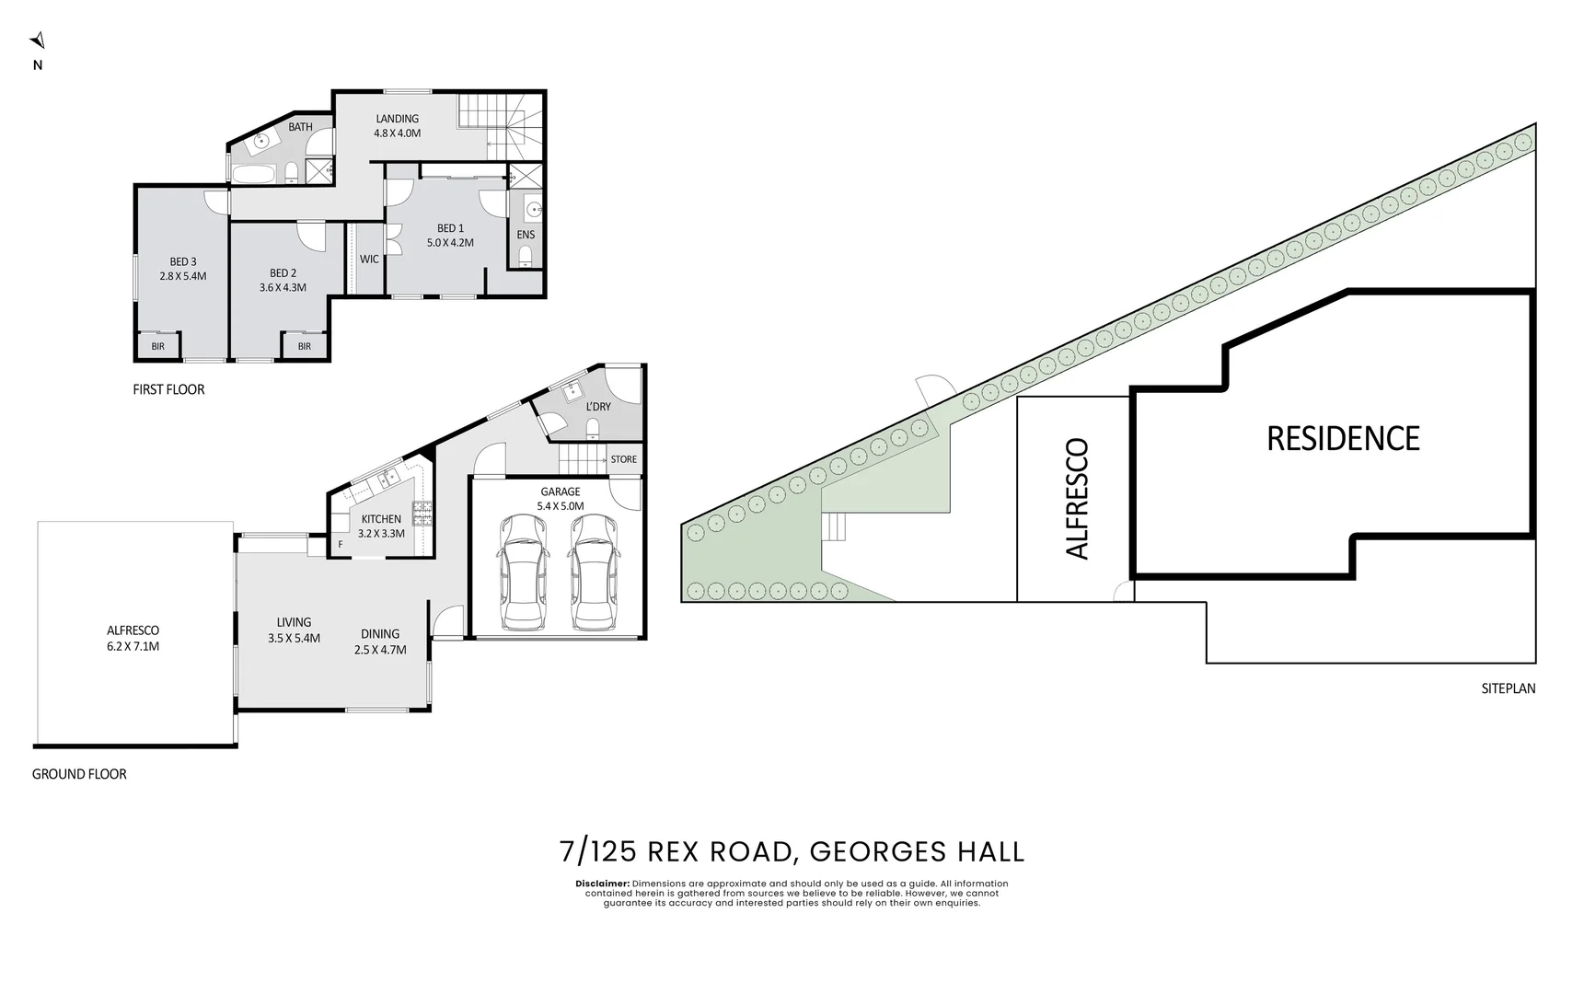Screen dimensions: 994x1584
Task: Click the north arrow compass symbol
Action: click(x=38, y=40)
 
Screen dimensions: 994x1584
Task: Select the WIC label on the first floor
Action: click(x=369, y=260)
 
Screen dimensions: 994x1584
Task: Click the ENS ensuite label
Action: click(x=526, y=235)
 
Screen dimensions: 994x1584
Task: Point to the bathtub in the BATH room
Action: click(x=251, y=173)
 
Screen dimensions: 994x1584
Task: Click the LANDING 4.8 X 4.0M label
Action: click(x=397, y=126)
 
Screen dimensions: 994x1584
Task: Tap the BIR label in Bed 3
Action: click(x=158, y=347)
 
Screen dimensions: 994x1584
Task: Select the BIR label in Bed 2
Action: click(x=304, y=347)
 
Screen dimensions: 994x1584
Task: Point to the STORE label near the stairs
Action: click(x=623, y=459)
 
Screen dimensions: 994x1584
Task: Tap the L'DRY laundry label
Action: click(x=598, y=407)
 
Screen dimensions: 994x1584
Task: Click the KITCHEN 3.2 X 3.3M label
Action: click(x=381, y=526)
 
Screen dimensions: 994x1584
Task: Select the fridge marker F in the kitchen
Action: click(x=341, y=545)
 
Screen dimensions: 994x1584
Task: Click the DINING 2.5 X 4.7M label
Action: click(x=380, y=641)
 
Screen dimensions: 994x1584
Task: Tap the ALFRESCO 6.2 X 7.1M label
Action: click(x=133, y=638)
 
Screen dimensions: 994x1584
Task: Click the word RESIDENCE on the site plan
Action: click(x=1343, y=439)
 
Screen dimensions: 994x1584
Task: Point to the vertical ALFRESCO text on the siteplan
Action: click(x=1077, y=498)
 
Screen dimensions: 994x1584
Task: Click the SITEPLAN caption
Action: click(x=1508, y=688)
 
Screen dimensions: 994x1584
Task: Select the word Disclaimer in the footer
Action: click(x=602, y=884)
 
